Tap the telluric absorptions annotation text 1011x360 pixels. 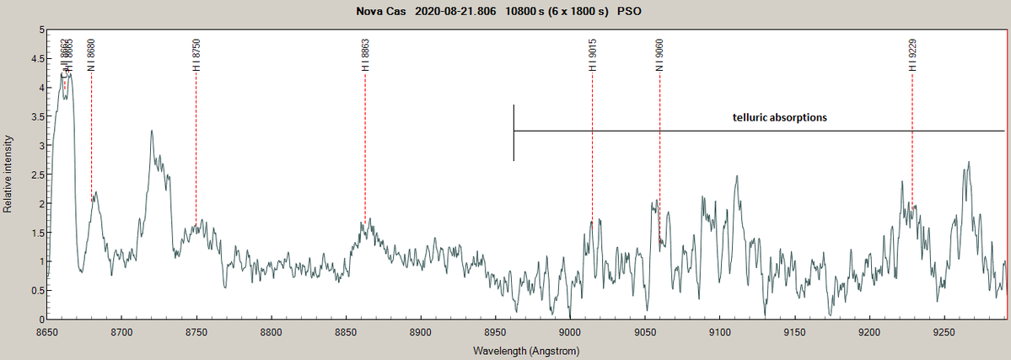tap(780, 117)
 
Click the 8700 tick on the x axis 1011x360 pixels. tap(122, 333)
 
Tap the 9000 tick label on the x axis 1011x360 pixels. tap(570, 333)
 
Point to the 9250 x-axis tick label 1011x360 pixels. tap(944, 333)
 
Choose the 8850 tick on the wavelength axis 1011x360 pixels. tap(346, 333)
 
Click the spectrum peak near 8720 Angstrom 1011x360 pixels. tap(152, 132)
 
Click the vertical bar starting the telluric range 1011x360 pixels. tap(514, 132)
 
